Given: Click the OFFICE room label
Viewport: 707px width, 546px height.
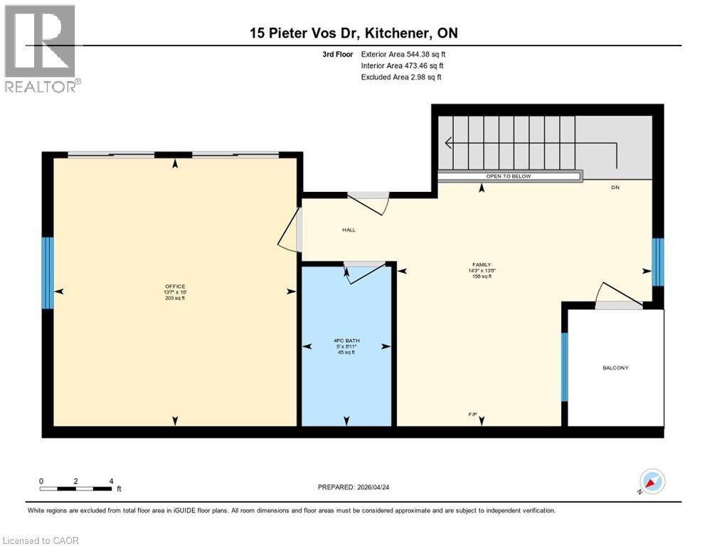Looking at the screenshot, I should tap(174, 287).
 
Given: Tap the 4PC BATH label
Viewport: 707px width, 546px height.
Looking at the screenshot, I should tap(346, 340).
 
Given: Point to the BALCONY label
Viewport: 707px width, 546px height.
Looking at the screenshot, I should tap(615, 368).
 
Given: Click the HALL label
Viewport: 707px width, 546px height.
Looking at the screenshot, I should tap(349, 230).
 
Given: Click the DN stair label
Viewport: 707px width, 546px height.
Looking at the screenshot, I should tap(615, 188).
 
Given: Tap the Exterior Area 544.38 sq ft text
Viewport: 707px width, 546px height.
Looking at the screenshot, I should tap(403, 54).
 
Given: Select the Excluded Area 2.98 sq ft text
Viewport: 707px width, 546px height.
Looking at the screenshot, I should tap(401, 77).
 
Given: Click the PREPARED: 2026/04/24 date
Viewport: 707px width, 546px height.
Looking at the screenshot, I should tap(359, 487).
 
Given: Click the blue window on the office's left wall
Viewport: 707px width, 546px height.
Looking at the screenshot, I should tap(47, 272).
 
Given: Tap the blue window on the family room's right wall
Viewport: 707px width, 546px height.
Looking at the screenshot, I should tap(658, 261).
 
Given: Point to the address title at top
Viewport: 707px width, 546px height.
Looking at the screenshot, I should tap(353, 33).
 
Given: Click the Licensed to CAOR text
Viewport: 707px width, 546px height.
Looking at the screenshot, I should tap(41, 540).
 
